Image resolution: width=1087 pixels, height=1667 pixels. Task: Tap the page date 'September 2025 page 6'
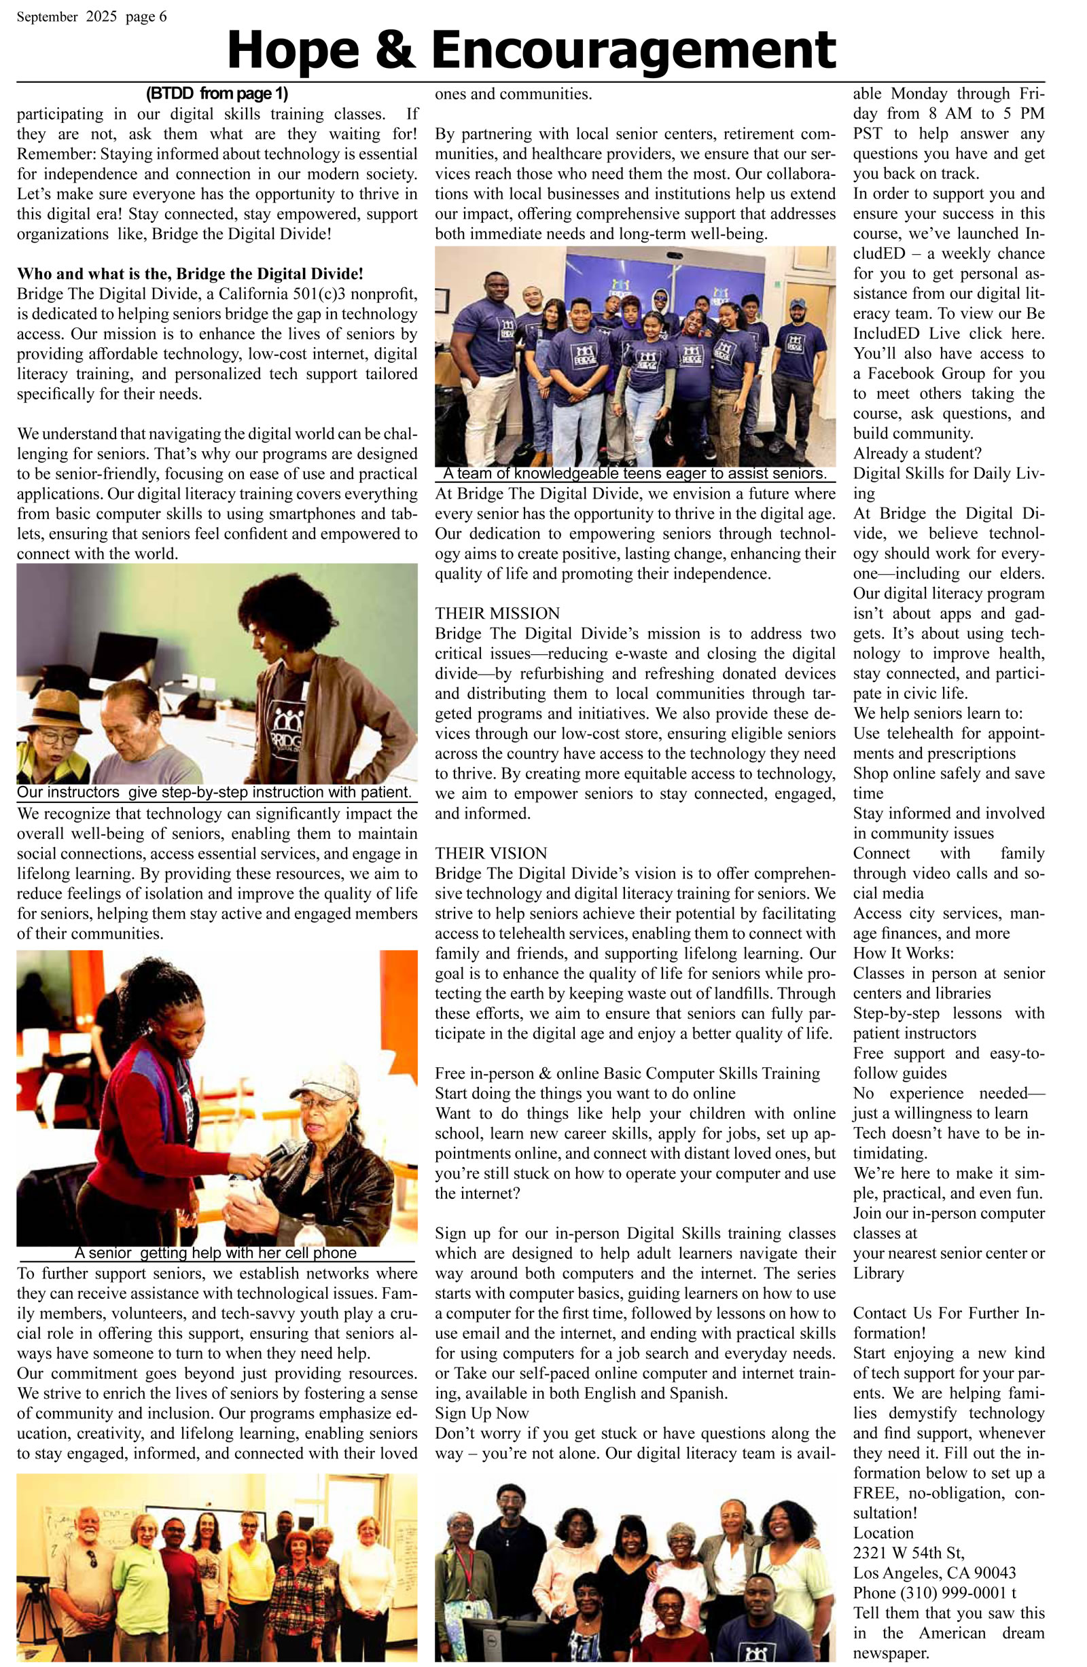(x=92, y=17)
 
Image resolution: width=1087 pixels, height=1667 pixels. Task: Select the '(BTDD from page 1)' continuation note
(x=217, y=93)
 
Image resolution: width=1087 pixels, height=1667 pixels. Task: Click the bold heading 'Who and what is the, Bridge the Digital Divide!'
(x=190, y=273)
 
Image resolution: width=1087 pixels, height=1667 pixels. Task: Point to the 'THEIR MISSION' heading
(x=497, y=613)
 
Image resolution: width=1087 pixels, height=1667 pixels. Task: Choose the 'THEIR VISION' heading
(x=491, y=853)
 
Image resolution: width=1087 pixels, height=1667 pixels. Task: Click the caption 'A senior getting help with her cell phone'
(x=215, y=1253)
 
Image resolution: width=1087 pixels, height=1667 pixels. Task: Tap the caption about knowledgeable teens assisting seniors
(x=635, y=473)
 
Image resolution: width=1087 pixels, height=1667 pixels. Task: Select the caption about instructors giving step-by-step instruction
(x=213, y=792)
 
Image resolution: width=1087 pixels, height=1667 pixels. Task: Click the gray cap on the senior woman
(x=324, y=1082)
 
